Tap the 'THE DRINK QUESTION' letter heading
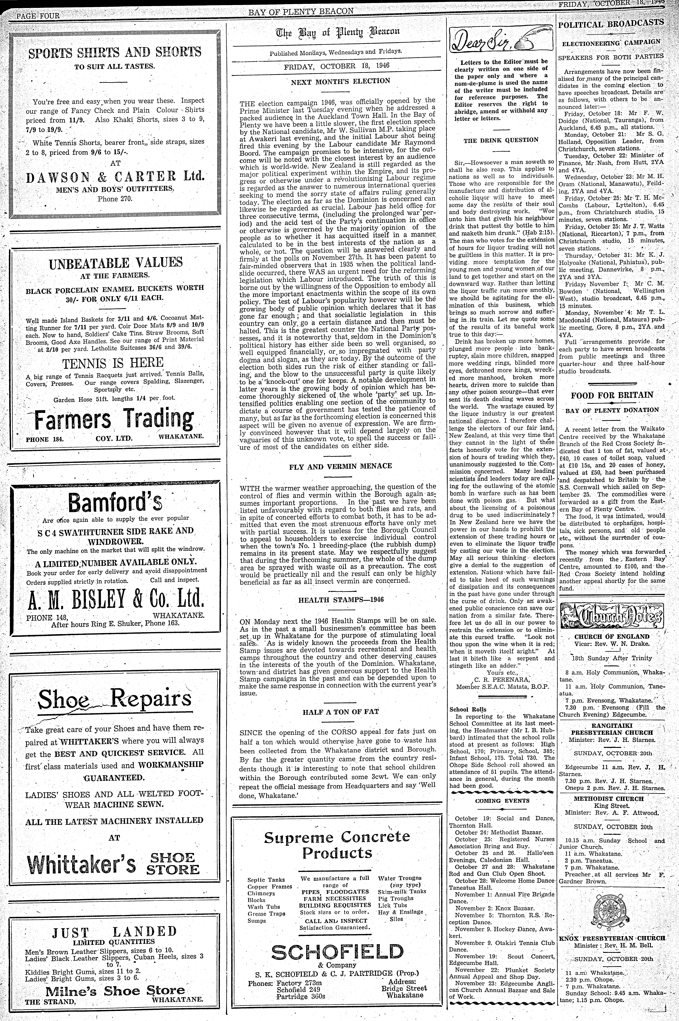pos(501,140)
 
